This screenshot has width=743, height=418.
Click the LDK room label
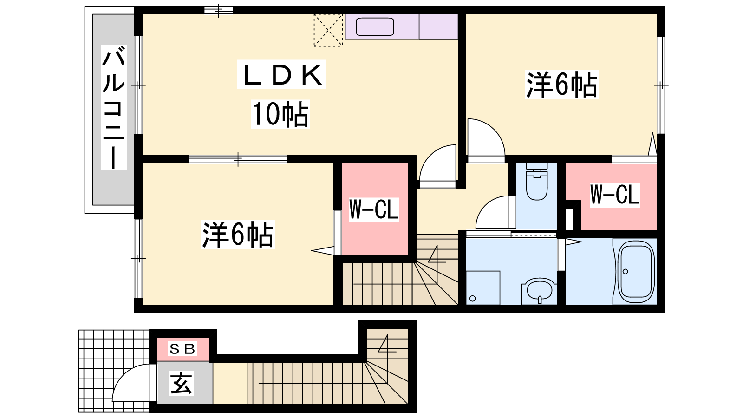pyautogui.click(x=281, y=75)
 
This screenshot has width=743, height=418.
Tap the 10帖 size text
pyautogui.click(x=280, y=114)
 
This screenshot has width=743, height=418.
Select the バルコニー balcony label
pyautogui.click(x=114, y=107)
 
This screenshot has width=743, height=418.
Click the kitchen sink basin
pyautogui.click(x=375, y=26)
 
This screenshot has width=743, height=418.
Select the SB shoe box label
pyautogui.click(x=182, y=349)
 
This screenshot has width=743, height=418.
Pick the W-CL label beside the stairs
pyautogui.click(x=374, y=209)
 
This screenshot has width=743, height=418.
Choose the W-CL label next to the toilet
pyautogui.click(x=615, y=195)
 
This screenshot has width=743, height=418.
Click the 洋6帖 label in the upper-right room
pyautogui.click(x=561, y=84)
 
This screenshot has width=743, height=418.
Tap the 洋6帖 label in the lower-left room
pyautogui.click(x=237, y=235)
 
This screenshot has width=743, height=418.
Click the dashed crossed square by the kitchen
pyautogui.click(x=328, y=30)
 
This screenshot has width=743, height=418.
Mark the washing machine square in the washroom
pyautogui.click(x=483, y=287)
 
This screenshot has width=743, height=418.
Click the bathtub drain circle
pyautogui.click(x=626, y=272)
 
